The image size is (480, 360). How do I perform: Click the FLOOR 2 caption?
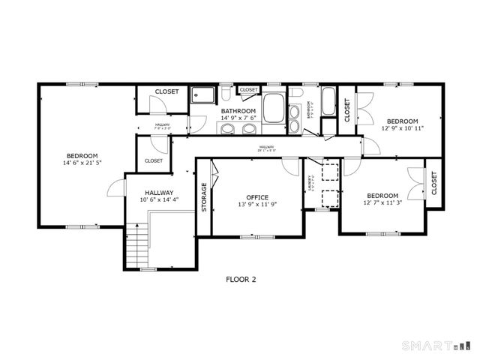pyautogui.click(x=241, y=279)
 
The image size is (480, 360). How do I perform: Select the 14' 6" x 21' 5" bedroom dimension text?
pyautogui.click(x=82, y=163)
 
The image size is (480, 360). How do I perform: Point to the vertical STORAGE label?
pyautogui.click(x=204, y=197)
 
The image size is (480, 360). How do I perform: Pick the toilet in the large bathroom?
pyautogui.click(x=226, y=96)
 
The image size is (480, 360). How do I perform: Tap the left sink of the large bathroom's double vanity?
pyautogui.click(x=227, y=127)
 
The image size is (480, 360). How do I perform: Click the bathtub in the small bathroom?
pyautogui.click(x=328, y=101)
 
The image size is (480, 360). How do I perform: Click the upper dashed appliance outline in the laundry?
pyautogui.click(x=328, y=172)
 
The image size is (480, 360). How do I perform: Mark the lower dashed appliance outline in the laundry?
pyautogui.click(x=328, y=199)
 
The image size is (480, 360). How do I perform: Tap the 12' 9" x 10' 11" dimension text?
pyautogui.click(x=403, y=128)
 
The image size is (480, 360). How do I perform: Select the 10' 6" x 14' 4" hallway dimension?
pyautogui.click(x=159, y=199)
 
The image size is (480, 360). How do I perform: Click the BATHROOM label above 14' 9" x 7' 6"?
pyautogui.click(x=238, y=110)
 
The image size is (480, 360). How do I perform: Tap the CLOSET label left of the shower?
pyautogui.click(x=166, y=91)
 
